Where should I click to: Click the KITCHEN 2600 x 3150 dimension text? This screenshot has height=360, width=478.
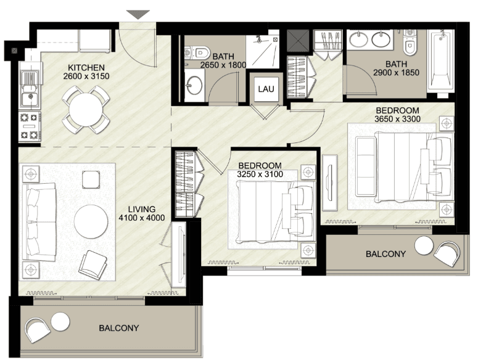tap(86, 72)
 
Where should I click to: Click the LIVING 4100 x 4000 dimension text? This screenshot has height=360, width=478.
tap(142, 213)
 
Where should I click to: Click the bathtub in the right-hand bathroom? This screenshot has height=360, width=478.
tap(440, 60)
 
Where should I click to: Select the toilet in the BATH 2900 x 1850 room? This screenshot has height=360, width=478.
tap(409, 45)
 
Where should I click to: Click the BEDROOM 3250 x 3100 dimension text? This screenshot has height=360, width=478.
tap(260, 170)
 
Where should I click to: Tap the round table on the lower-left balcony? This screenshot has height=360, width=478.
tap(60, 321)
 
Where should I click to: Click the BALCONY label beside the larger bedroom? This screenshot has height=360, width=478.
tap(385, 254)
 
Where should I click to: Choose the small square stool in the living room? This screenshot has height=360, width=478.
tap(89, 179)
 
